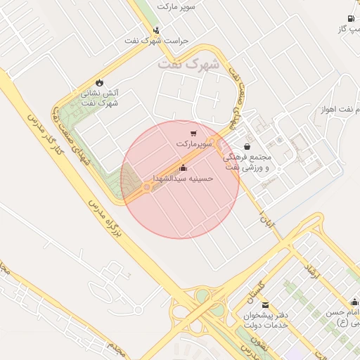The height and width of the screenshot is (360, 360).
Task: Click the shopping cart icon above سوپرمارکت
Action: coord(193,133)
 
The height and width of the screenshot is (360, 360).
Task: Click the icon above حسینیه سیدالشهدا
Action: coord(184,167)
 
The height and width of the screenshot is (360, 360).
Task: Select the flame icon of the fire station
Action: coord(98,82)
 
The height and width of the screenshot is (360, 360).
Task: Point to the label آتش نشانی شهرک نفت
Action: coord(101,98)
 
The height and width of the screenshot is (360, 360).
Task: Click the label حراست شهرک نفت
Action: coord(157,41)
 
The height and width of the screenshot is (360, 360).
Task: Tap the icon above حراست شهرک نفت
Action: coord(156,30)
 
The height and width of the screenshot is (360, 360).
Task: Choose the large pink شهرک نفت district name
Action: coord(188,63)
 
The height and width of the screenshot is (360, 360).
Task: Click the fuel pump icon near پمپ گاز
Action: coord(351,19)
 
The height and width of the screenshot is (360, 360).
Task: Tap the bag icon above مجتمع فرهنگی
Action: coord(247,146)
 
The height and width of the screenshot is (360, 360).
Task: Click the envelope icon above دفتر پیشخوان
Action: coord(264,305)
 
